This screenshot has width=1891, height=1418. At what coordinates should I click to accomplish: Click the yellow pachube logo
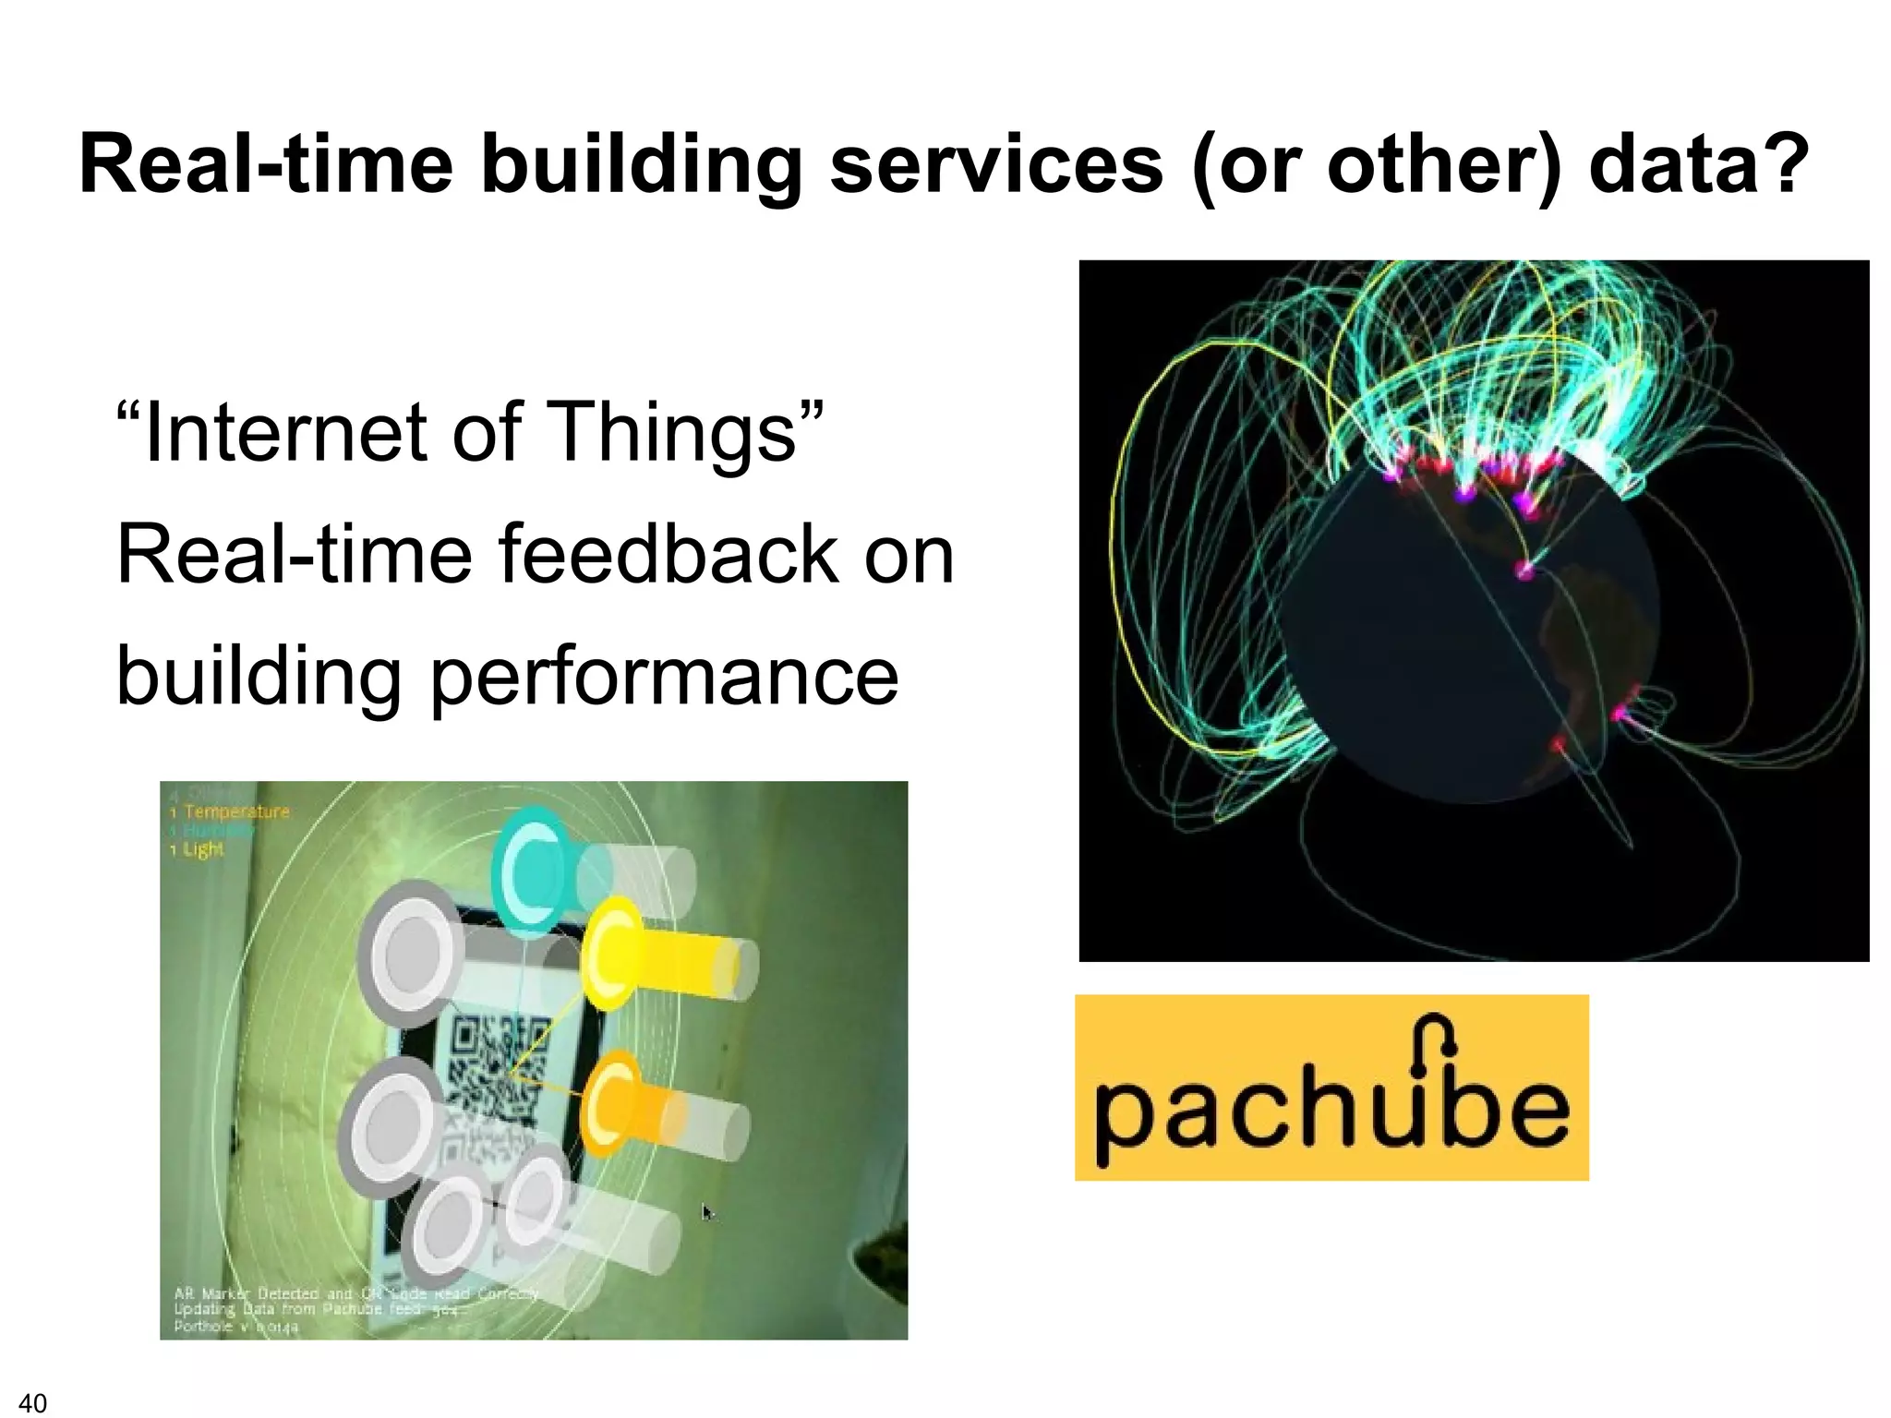tap(1331, 1087)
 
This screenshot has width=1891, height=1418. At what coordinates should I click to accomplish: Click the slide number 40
tap(32, 1402)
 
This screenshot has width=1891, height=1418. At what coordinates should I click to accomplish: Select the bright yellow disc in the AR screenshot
tap(610, 954)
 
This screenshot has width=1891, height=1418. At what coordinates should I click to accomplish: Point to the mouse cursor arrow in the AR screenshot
tap(707, 1212)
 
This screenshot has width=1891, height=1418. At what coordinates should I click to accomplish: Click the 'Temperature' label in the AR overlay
tap(236, 811)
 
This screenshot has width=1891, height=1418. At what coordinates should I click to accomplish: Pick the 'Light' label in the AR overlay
tap(202, 849)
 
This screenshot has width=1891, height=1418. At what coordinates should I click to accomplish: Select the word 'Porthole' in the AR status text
tap(203, 1327)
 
